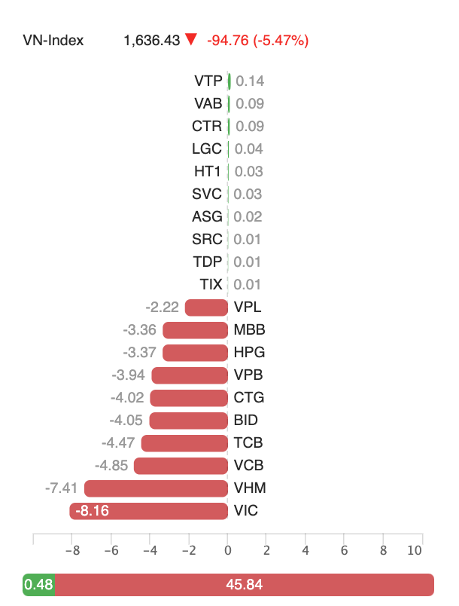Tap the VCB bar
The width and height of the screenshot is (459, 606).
pyautogui.click(x=181, y=466)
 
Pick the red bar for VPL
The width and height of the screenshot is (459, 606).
pyautogui.click(x=206, y=308)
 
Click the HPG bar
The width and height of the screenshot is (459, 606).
pyautogui.click(x=195, y=353)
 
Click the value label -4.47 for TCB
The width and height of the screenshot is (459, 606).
pyautogui.click(x=118, y=443)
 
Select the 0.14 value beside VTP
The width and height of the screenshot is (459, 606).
pyautogui.click(x=250, y=81)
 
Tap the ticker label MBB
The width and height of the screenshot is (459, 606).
pyautogui.click(x=250, y=330)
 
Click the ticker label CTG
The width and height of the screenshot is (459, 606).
pyautogui.click(x=249, y=398)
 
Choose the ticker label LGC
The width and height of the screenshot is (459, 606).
pyautogui.click(x=208, y=149)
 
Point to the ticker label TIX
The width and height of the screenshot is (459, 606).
pyautogui.click(x=211, y=285)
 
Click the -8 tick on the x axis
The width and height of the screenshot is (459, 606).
pyautogui.click(x=71, y=551)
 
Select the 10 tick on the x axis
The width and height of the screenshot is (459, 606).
pyautogui.click(x=415, y=551)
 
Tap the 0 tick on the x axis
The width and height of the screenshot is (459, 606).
pyautogui.click(x=228, y=551)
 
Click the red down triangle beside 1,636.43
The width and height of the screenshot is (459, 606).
pyautogui.click(x=191, y=40)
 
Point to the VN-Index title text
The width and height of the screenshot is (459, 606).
pyautogui.click(x=53, y=41)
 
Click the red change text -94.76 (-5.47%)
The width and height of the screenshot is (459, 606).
pyautogui.click(x=257, y=41)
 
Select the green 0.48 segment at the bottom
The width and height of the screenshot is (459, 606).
pyautogui.click(x=39, y=585)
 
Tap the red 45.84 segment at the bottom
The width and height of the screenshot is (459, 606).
pyautogui.click(x=245, y=585)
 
